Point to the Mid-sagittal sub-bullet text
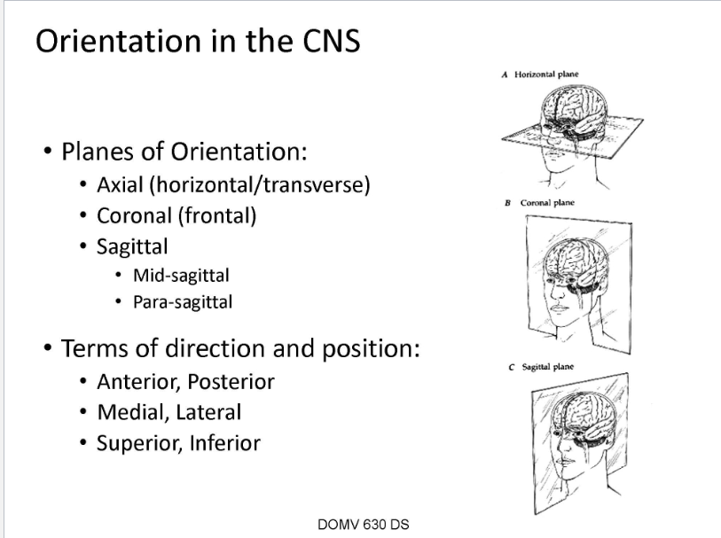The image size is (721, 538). click(x=181, y=275)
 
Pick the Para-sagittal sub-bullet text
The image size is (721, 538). click(x=183, y=301)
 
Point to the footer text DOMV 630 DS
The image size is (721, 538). click(x=363, y=524)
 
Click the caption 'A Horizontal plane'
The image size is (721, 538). click(x=540, y=74)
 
